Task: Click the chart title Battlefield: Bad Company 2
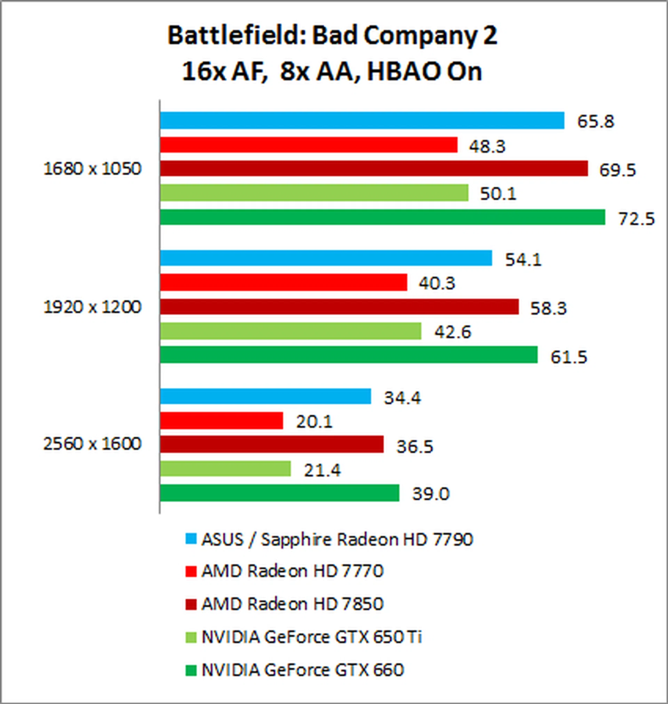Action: click(332, 36)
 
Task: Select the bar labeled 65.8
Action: click(362, 120)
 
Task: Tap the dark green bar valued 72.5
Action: click(382, 217)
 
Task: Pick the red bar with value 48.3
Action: click(308, 144)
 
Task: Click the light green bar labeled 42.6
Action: click(290, 331)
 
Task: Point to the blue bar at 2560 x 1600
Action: click(265, 396)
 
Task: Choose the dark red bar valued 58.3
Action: click(339, 307)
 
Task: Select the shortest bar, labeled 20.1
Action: click(221, 421)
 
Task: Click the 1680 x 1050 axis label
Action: click(92, 169)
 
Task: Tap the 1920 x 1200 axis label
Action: click(92, 307)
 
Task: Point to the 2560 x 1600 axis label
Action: click(92, 444)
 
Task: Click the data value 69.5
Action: click(617, 170)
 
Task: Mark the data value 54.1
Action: click(523, 259)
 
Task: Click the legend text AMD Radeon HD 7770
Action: click(292, 571)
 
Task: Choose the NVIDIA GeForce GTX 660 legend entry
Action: click(302, 670)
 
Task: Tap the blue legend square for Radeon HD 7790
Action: click(191, 539)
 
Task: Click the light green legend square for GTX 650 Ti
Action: click(191, 637)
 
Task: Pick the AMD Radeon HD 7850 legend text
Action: click(292, 604)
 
